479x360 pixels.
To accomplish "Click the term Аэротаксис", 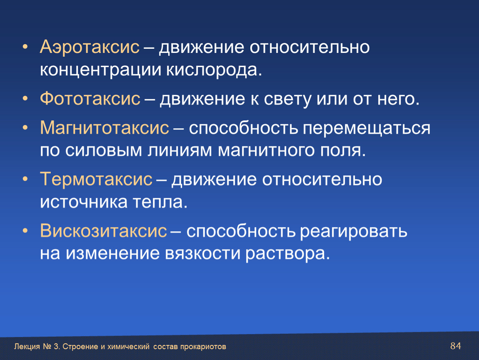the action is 90,47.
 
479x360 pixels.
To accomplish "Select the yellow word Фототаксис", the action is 90,99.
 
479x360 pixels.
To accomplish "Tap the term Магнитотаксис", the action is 105,128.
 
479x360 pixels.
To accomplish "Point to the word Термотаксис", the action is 96,179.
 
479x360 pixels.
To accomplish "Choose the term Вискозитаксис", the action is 104,231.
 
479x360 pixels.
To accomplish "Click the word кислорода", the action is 214,70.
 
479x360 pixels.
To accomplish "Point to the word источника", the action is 83,202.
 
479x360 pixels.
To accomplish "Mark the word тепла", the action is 160,202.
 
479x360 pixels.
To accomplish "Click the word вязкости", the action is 202,254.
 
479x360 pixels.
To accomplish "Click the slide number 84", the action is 456,346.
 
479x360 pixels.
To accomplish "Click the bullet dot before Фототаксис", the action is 25,99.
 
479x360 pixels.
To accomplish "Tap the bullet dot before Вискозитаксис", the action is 25,231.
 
